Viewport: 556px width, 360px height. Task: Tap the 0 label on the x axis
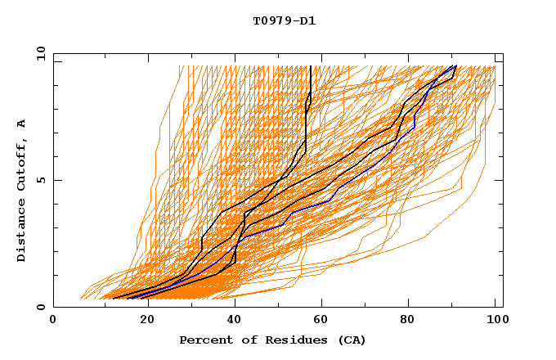(x=53, y=321)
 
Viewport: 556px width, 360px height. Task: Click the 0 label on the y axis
(x=40, y=308)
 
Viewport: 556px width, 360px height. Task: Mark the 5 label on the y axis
(x=40, y=180)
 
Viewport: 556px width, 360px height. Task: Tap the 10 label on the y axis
(x=38, y=52)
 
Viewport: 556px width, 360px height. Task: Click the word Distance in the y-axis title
(x=22, y=232)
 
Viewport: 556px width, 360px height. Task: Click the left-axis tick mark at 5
(x=56, y=180)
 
